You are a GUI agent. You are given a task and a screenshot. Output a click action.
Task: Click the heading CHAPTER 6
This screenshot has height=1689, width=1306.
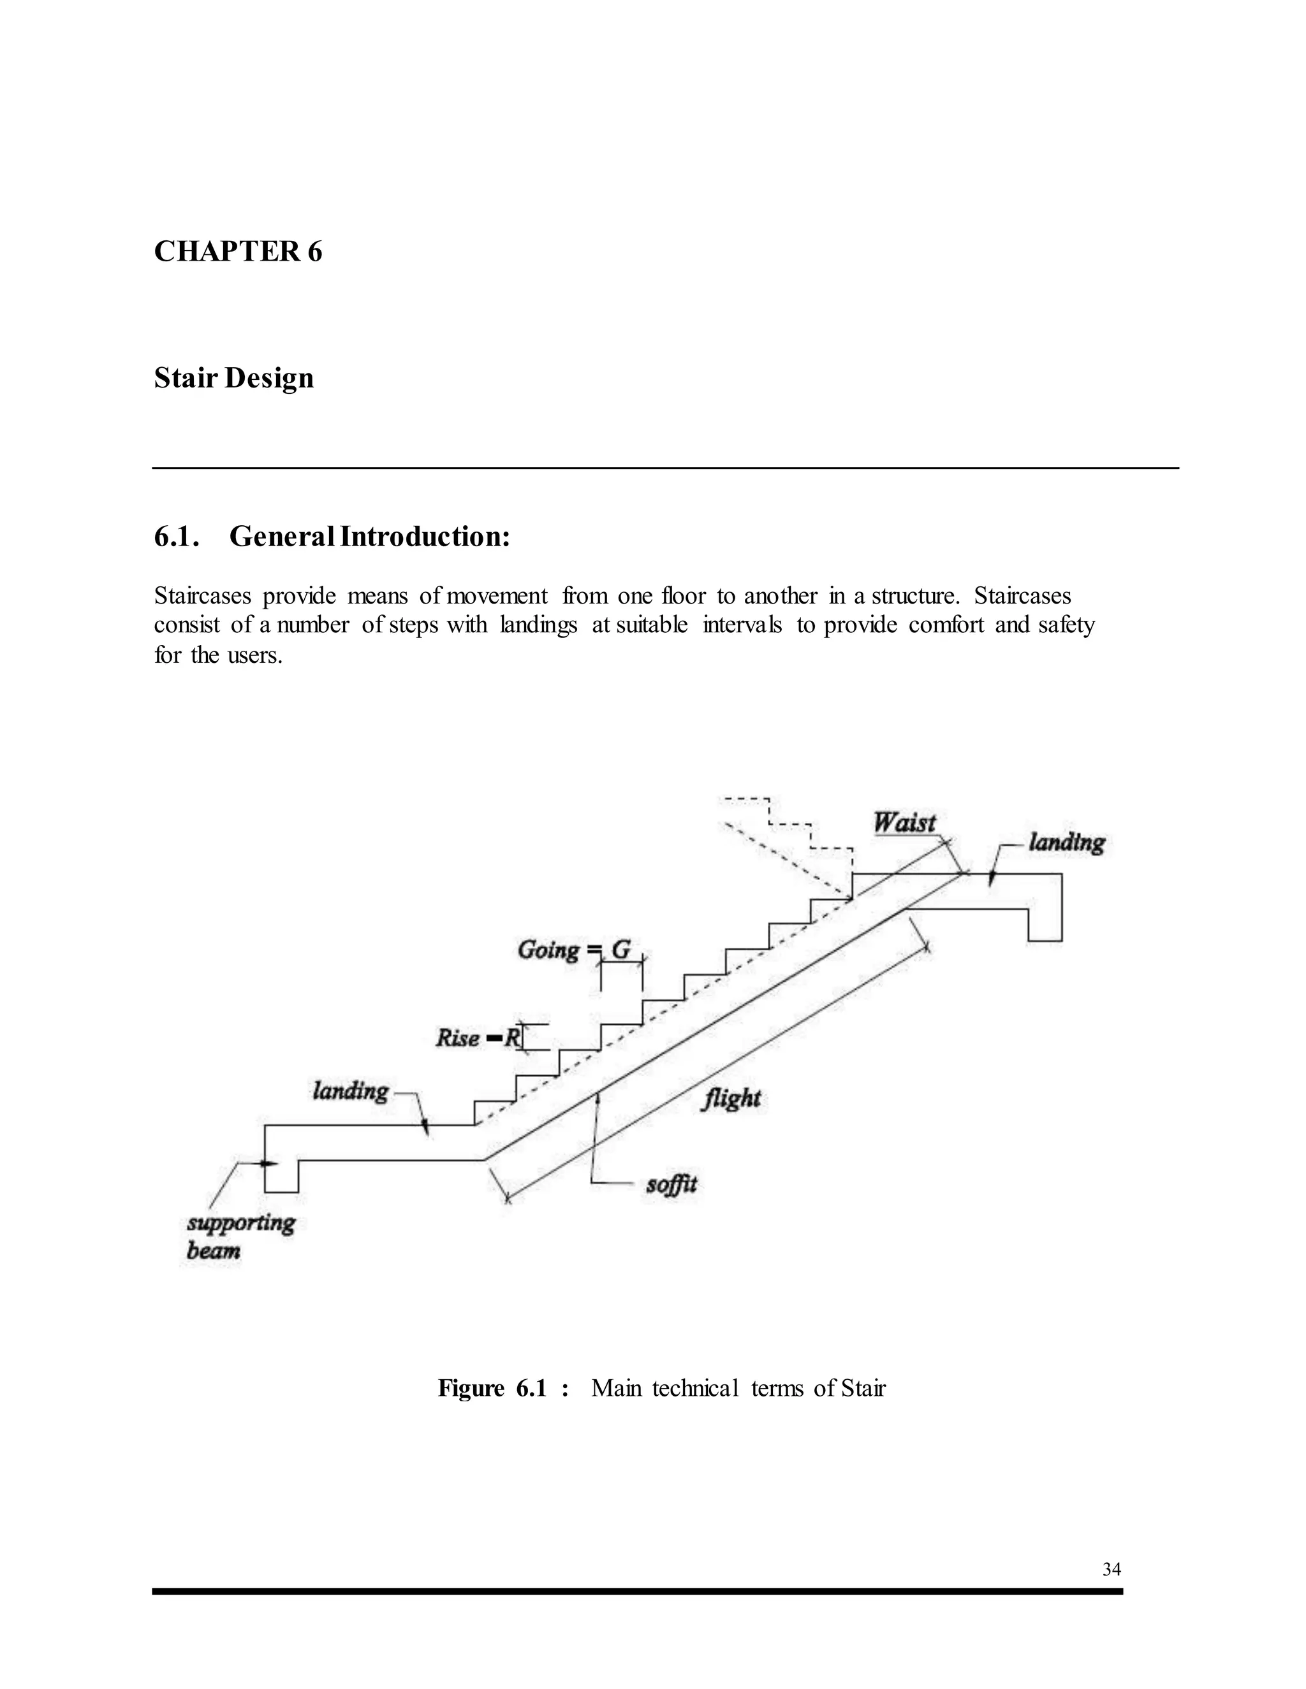237,252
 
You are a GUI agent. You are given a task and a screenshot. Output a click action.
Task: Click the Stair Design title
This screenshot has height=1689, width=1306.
233,378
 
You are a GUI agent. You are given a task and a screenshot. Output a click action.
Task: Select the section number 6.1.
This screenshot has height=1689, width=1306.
177,536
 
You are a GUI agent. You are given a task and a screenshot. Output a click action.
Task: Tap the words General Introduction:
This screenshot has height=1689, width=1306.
370,536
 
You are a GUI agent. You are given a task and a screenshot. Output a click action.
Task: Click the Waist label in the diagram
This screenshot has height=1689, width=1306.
904,822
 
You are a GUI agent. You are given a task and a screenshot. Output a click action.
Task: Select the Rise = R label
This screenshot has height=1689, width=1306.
479,1037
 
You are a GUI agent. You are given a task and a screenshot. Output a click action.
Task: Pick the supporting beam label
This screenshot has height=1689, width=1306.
240,1236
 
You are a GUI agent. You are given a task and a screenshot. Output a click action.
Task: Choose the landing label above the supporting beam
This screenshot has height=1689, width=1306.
351,1091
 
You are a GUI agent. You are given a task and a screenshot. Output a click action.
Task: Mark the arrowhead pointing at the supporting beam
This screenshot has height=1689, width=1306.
268,1163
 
